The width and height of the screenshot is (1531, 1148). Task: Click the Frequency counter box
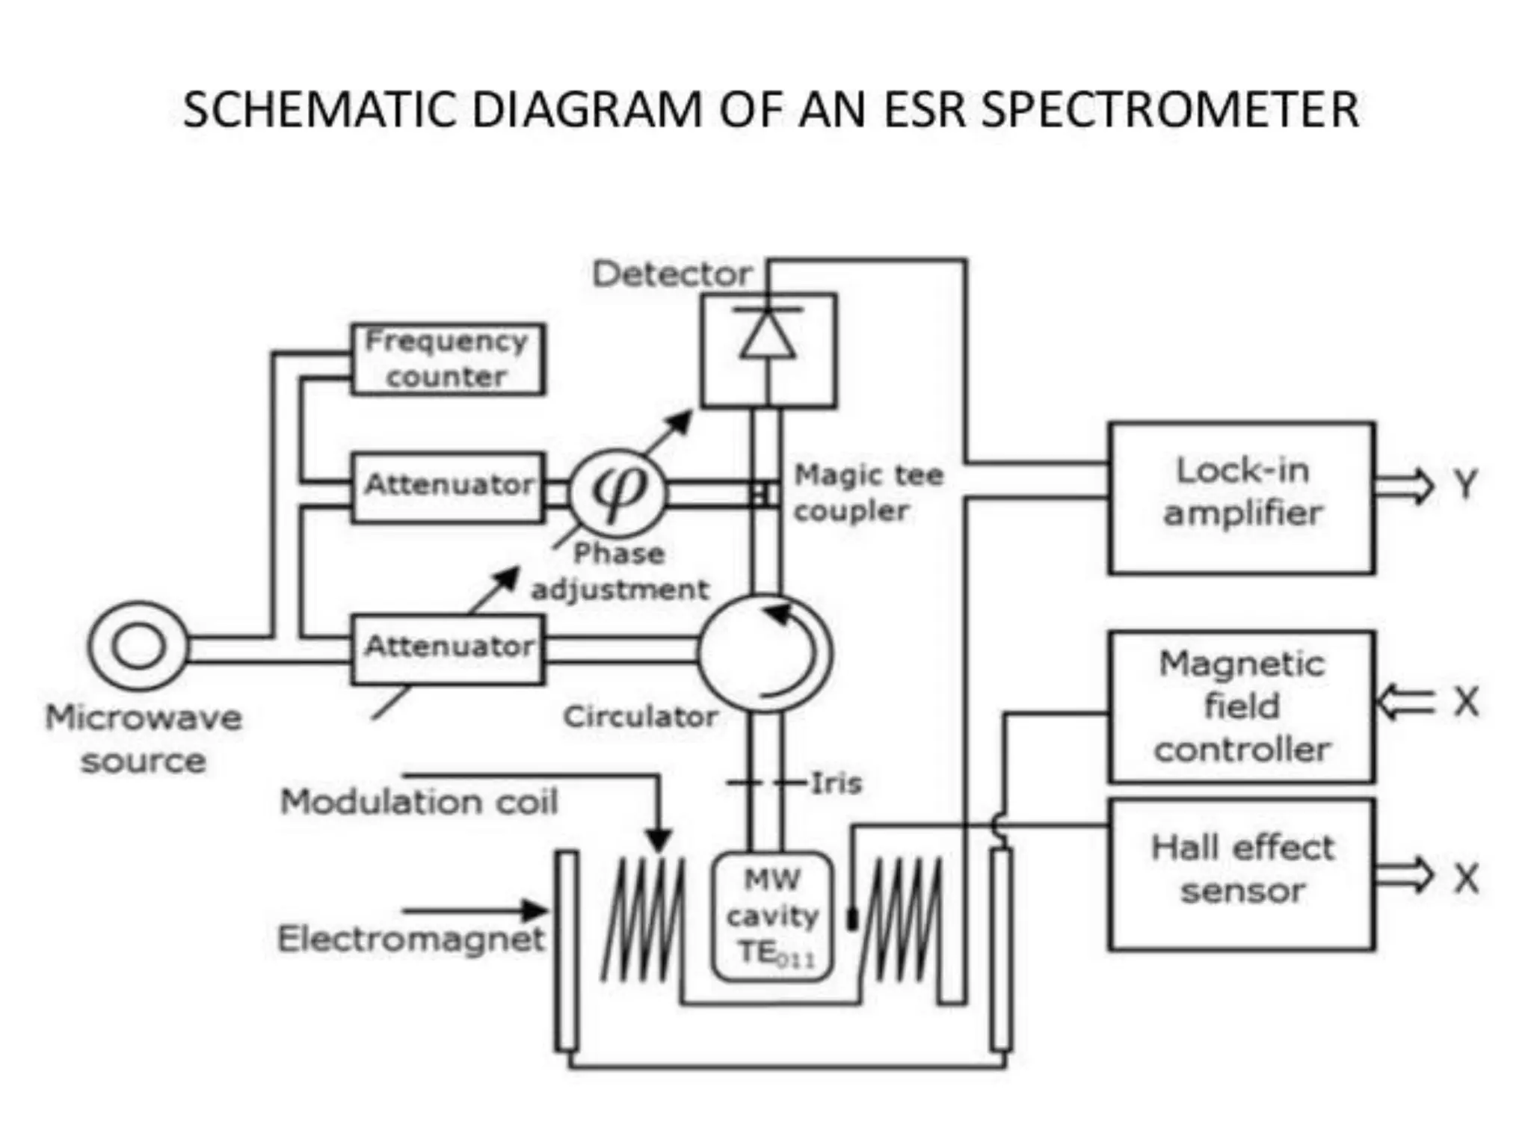point(447,359)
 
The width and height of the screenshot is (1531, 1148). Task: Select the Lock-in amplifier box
point(1241,498)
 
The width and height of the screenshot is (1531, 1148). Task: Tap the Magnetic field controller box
point(1241,706)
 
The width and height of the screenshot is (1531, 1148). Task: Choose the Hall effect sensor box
point(1241,874)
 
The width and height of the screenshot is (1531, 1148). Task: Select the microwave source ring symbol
point(138,646)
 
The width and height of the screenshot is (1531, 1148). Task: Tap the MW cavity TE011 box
point(771,916)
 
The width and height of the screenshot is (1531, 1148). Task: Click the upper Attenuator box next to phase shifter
point(447,486)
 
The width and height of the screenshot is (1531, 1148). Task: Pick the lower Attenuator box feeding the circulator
point(447,648)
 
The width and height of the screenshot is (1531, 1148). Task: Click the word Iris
point(836,783)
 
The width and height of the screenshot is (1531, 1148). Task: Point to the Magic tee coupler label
point(867,493)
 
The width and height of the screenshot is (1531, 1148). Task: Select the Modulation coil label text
point(419,802)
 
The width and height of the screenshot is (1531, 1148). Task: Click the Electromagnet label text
point(410,939)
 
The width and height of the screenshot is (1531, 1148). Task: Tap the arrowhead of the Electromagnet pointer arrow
point(537,910)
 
